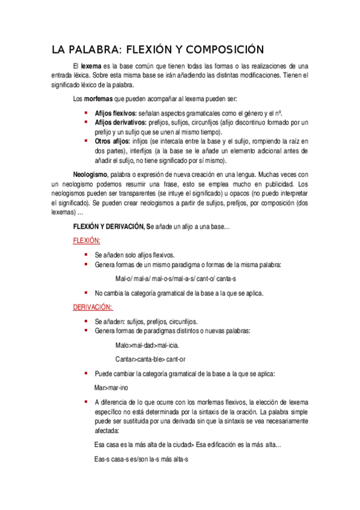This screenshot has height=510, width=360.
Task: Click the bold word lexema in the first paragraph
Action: (x=91, y=66)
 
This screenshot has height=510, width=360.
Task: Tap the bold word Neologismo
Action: (x=90, y=174)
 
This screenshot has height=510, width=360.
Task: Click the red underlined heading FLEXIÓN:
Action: (x=86, y=239)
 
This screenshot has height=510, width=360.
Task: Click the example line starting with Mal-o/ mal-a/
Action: (x=175, y=279)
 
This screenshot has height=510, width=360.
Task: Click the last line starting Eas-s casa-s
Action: (x=141, y=459)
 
